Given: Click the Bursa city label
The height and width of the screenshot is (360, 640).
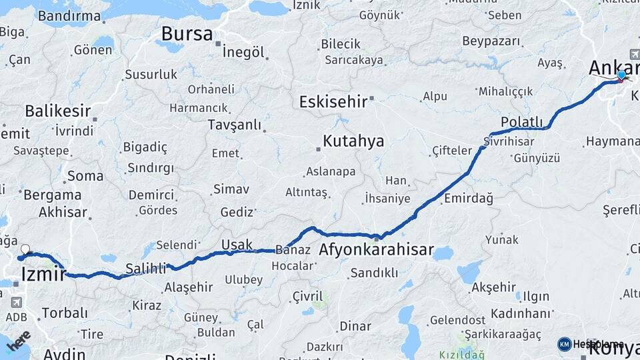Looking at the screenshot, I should tap(187, 33).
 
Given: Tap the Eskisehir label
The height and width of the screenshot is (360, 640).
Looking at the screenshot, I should tap(333, 102).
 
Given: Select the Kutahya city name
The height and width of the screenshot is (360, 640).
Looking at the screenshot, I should tap(353, 141).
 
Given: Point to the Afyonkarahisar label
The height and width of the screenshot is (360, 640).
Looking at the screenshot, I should tap(377, 251).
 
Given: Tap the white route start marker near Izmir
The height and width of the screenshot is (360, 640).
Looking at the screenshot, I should tap(25, 250).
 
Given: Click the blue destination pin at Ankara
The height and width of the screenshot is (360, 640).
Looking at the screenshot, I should tap(622, 76).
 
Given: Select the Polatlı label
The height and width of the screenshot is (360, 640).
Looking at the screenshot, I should tap(522, 123).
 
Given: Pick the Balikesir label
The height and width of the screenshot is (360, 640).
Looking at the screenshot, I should tap(57, 111).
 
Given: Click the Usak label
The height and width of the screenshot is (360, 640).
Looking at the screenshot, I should tap(237, 245).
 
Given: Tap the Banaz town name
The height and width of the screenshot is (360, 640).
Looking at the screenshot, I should tap(291, 251).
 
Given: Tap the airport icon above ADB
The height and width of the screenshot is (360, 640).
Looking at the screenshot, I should tap(16, 302).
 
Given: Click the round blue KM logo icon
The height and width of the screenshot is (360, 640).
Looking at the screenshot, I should tap(565, 344).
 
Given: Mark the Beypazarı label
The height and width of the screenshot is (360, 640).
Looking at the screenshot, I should tap(491, 41).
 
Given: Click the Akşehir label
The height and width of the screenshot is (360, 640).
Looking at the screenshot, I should tap(493, 287).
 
